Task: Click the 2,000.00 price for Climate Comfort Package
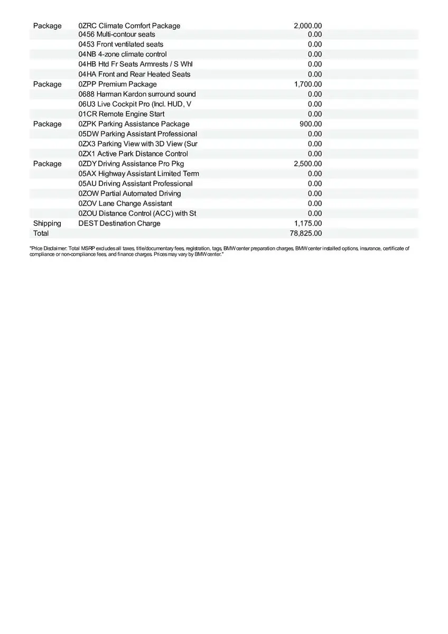point(307,26)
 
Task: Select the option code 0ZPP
point(87,85)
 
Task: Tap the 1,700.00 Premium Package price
point(307,85)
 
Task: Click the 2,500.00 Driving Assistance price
point(307,164)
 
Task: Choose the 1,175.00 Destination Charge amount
point(307,223)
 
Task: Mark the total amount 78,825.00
point(306,234)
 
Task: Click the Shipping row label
point(47,223)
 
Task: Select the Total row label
point(41,234)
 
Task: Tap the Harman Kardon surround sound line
point(137,94)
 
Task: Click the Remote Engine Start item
point(121,114)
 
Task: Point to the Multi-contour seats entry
point(117,34)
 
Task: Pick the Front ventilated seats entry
point(120,44)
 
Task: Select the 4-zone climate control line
point(123,54)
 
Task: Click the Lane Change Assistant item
point(125,203)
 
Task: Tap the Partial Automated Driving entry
point(129,194)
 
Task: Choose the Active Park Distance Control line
point(133,154)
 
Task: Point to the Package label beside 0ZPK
point(47,124)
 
